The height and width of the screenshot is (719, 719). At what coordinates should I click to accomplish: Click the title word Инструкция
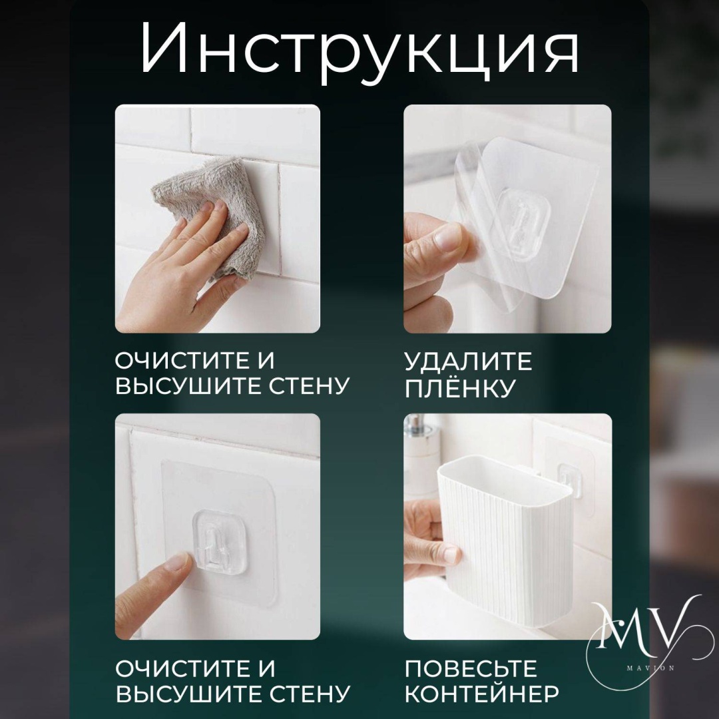pyautogui.click(x=360, y=49)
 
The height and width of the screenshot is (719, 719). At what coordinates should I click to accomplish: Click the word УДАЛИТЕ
pyautogui.click(x=468, y=361)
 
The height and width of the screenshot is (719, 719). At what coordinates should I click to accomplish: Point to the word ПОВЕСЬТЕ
pyautogui.click(x=471, y=669)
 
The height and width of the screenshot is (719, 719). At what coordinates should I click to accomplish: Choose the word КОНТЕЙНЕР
pyautogui.click(x=481, y=694)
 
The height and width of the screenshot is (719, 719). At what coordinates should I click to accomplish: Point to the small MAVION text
pyautogui.click(x=650, y=668)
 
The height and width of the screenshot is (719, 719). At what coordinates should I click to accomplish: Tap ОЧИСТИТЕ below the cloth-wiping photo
pyautogui.click(x=180, y=361)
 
